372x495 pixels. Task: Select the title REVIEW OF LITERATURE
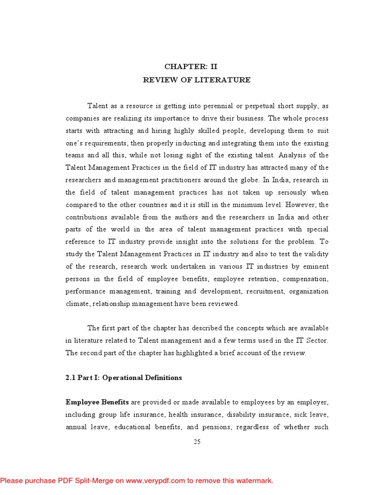197,80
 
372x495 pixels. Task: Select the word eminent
315,267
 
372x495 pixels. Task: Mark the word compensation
305,279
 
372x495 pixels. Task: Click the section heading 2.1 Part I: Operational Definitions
124,378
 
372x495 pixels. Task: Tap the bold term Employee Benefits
97,402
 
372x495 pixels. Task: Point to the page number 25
197,441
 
